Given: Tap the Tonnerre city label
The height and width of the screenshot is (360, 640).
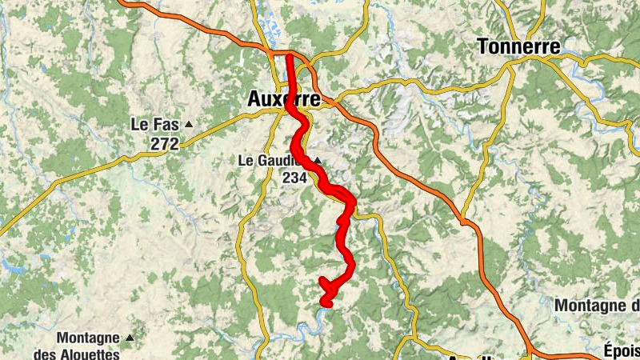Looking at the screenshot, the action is coord(518,46).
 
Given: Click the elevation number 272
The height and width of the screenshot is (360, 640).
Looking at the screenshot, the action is coord(163,143).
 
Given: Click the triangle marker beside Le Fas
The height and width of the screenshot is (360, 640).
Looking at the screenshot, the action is coord(189,125).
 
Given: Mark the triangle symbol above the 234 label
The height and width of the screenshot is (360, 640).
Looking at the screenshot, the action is coord(318,161).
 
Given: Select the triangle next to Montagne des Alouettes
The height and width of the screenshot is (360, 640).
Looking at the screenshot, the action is coord(130,338).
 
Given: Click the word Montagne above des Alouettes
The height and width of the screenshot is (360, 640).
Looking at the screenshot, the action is coord(88,338).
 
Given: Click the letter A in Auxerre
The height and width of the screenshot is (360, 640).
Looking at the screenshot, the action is coord(254,99).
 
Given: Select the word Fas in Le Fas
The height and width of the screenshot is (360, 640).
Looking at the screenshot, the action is coord(163,125).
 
